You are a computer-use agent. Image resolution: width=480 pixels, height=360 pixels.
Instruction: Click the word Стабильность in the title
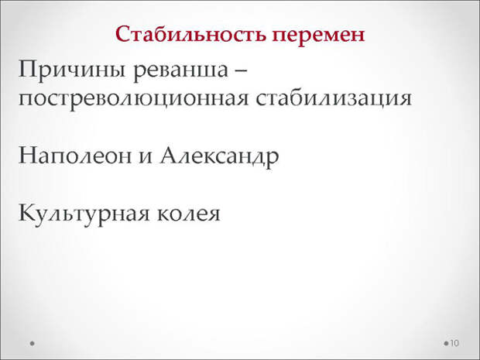point(190,34)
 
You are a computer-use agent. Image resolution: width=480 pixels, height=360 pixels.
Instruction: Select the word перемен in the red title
point(318,37)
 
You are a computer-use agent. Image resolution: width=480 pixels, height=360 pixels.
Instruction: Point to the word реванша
point(180,71)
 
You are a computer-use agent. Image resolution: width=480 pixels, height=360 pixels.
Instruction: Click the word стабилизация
point(334,99)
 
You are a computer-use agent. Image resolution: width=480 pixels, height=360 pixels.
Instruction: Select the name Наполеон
point(75,156)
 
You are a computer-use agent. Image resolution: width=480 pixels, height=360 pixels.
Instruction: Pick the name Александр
point(220,156)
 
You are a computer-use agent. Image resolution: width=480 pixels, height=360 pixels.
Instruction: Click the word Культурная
point(84,214)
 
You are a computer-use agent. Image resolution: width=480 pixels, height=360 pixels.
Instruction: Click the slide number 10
point(454,343)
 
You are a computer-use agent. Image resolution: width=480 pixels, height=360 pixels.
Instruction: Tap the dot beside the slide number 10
point(446,344)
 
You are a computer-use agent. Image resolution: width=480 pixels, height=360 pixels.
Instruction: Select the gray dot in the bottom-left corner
point(33,344)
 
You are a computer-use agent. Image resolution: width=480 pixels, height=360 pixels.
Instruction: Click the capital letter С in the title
point(123,33)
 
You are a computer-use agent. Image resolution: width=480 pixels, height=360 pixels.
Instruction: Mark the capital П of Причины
point(28,69)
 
